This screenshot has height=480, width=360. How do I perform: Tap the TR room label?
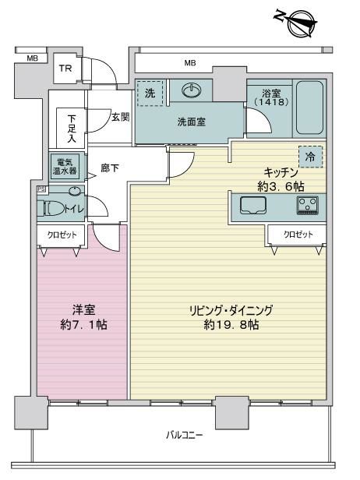click(65, 69)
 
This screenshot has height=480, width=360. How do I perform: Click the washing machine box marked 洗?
click(150, 94)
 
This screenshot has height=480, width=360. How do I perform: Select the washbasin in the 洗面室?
click(192, 90)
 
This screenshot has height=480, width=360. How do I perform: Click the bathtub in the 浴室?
click(309, 108)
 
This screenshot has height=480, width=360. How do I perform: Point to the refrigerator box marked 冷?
click(311, 157)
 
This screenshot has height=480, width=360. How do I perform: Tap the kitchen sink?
click(253, 205)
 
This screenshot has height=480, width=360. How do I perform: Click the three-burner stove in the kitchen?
click(307, 205)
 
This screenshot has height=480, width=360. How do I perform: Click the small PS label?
click(41, 189)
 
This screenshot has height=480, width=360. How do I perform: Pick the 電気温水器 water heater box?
click(65, 166)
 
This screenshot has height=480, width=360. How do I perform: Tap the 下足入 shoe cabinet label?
click(72, 129)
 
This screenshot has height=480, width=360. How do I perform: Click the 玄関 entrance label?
click(120, 117)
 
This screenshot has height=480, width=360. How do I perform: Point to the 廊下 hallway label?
click(110, 168)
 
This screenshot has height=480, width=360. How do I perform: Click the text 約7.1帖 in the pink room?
click(84, 325)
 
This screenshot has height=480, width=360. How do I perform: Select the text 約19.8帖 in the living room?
click(231, 325)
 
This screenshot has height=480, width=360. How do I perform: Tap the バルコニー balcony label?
click(184, 435)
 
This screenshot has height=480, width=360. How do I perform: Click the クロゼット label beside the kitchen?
click(298, 235)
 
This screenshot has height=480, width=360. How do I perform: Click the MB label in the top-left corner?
click(32, 58)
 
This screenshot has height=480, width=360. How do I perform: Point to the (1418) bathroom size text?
click(272, 102)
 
